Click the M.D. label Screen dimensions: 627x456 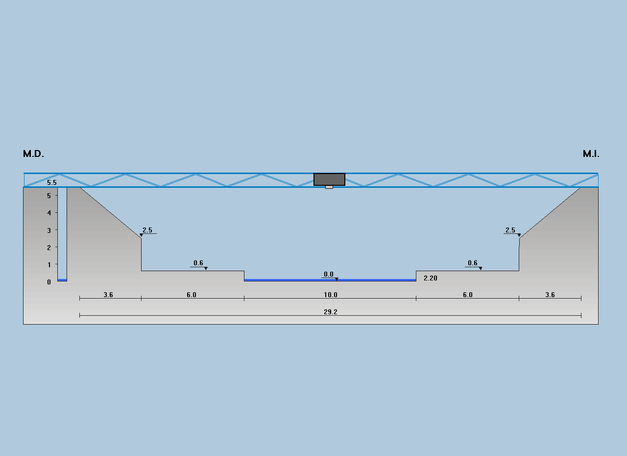[x=34, y=154]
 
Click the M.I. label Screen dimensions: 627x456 [x=591, y=154]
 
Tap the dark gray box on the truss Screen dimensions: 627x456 [x=329, y=179]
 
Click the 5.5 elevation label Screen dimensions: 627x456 [x=52, y=182]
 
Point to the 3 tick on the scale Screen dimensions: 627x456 [x=49, y=230]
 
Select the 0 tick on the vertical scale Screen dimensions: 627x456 [x=49, y=282]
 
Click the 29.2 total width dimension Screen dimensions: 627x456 [x=331, y=312]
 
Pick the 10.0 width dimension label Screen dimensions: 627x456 [x=331, y=295]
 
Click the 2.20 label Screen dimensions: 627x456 [x=431, y=278]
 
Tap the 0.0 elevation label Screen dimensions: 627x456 [x=329, y=274]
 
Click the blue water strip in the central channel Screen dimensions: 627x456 [x=330, y=280]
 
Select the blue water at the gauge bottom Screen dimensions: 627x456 [x=62, y=280]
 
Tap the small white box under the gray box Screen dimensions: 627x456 [x=329, y=187]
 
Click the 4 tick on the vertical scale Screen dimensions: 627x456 [x=49, y=213]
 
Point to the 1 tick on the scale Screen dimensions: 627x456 [x=49, y=265]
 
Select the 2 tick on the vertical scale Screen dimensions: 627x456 [x=49, y=248]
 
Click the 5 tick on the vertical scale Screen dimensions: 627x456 [x=49, y=196]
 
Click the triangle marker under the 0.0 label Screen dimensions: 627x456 [x=337, y=279]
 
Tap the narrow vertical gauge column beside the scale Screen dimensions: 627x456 [x=62, y=234]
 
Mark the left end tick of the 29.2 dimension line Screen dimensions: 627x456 [x=80, y=316]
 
